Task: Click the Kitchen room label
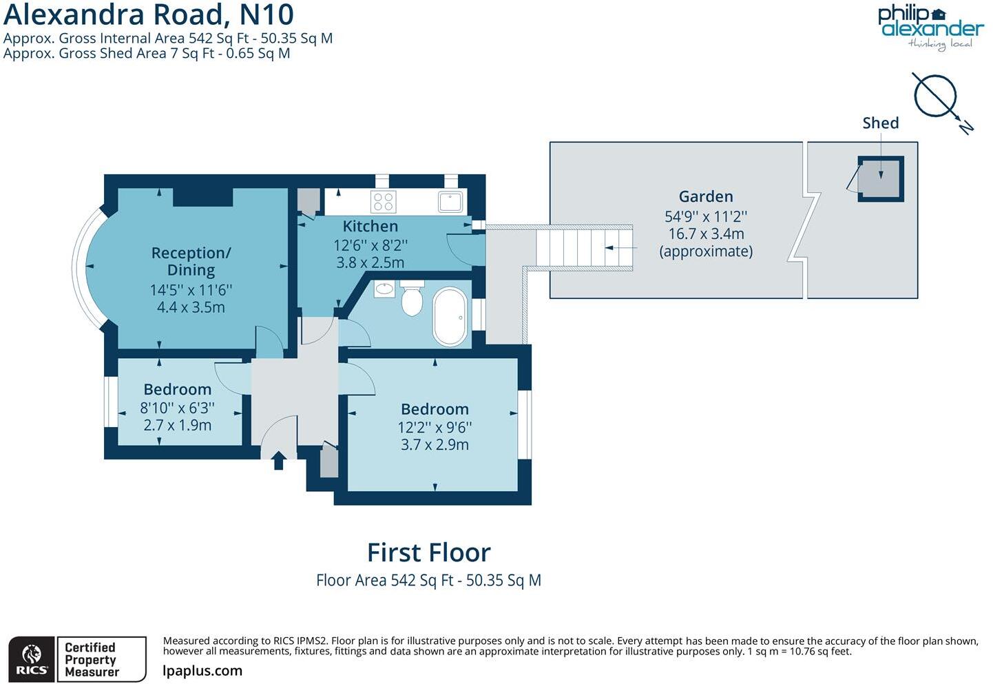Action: point(370,226)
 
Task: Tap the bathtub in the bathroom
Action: point(450,316)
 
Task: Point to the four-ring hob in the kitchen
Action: point(383,202)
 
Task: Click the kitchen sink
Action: point(451,201)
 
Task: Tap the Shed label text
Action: point(880,123)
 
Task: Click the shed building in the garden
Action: point(880,178)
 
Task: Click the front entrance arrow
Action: point(278,460)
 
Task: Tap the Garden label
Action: point(705,197)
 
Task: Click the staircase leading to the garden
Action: point(584,248)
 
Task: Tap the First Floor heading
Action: point(428,552)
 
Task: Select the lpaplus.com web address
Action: point(202,671)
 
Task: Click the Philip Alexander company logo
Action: point(930,27)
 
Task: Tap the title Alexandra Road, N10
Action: point(149,14)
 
